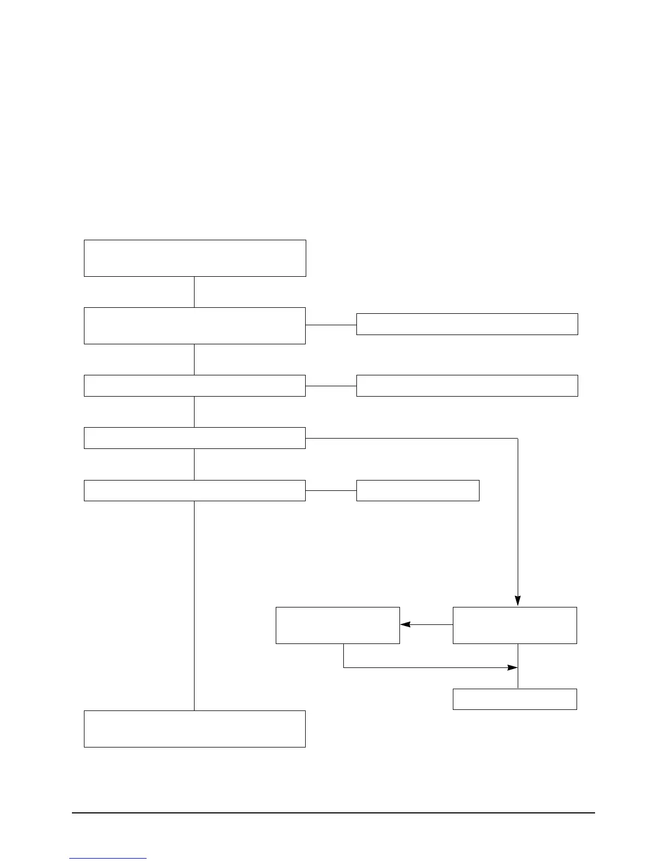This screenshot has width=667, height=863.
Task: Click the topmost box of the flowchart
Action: [x=195, y=258]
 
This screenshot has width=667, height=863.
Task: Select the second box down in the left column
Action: [x=195, y=325]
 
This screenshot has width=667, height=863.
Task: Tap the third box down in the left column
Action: [x=195, y=385]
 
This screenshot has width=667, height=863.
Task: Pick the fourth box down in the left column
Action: [x=195, y=438]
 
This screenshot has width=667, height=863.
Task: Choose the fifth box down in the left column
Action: [x=195, y=490]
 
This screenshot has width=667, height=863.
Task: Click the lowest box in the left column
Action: [x=195, y=728]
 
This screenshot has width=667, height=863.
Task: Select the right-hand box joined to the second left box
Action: [x=467, y=324]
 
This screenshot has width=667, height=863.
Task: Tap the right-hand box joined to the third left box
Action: [x=467, y=385]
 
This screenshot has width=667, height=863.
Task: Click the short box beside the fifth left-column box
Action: [x=417, y=490]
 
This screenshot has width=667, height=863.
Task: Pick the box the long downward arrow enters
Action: [x=514, y=625]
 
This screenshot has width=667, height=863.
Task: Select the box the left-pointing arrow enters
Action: [x=337, y=625]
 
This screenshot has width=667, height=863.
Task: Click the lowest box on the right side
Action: [x=514, y=699]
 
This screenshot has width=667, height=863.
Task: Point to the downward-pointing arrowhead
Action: [x=518, y=601]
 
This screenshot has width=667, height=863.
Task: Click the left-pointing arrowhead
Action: [x=405, y=625]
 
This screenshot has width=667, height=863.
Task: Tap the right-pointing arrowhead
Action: [x=512, y=667]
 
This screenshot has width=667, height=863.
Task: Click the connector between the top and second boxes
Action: [x=195, y=291]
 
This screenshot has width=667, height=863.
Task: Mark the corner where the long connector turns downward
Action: [x=517, y=438]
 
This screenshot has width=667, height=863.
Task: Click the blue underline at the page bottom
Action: [x=108, y=859]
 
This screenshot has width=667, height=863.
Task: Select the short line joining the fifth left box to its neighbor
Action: [x=331, y=490]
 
